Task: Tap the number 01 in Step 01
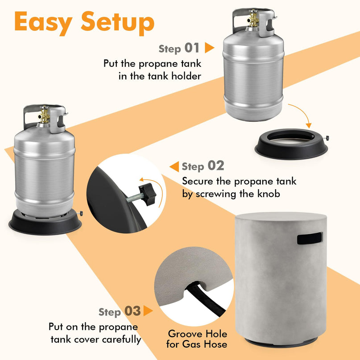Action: (192, 48)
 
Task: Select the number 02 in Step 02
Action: (216, 166)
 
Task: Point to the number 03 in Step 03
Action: (132, 311)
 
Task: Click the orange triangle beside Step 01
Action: (209, 48)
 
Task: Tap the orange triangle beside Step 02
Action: (174, 166)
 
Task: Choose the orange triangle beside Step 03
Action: (148, 311)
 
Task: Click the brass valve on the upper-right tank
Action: (253, 19)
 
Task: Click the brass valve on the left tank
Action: (44, 115)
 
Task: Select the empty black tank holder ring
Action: (292, 144)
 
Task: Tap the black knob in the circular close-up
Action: (148, 194)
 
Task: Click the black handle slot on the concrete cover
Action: (310, 238)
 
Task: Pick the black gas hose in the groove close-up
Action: (205, 299)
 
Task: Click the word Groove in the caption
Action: (185, 334)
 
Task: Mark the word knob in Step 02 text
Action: (269, 194)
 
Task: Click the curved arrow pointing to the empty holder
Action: (302, 112)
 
